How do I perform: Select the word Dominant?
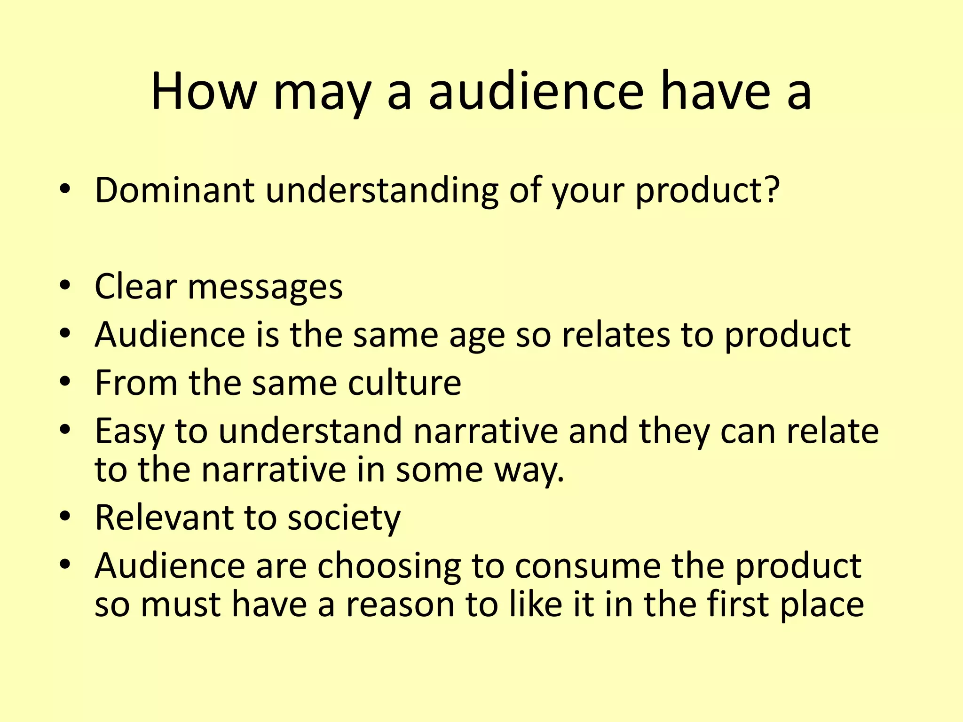tap(174, 190)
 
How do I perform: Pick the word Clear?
tap(135, 286)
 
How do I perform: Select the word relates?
tap(616, 335)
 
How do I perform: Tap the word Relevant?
tap(164, 518)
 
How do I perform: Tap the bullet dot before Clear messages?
tap(65, 285)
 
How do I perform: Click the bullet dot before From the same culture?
tap(65, 381)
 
